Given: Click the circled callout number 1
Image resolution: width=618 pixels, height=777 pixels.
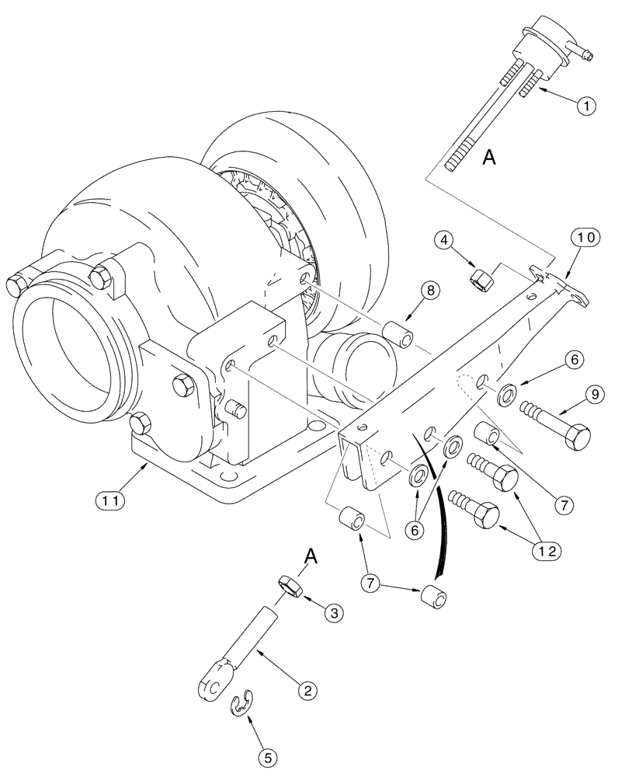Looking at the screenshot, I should pyautogui.click(x=586, y=106).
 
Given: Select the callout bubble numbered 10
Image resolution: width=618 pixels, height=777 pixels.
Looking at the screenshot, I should pyautogui.click(x=586, y=237).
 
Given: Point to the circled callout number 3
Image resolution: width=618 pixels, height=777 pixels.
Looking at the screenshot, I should pyautogui.click(x=334, y=614).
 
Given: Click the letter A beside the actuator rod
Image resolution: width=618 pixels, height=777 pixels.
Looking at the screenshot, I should pyautogui.click(x=488, y=157).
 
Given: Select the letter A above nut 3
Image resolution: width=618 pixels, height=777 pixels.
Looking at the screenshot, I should pyautogui.click(x=311, y=556).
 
